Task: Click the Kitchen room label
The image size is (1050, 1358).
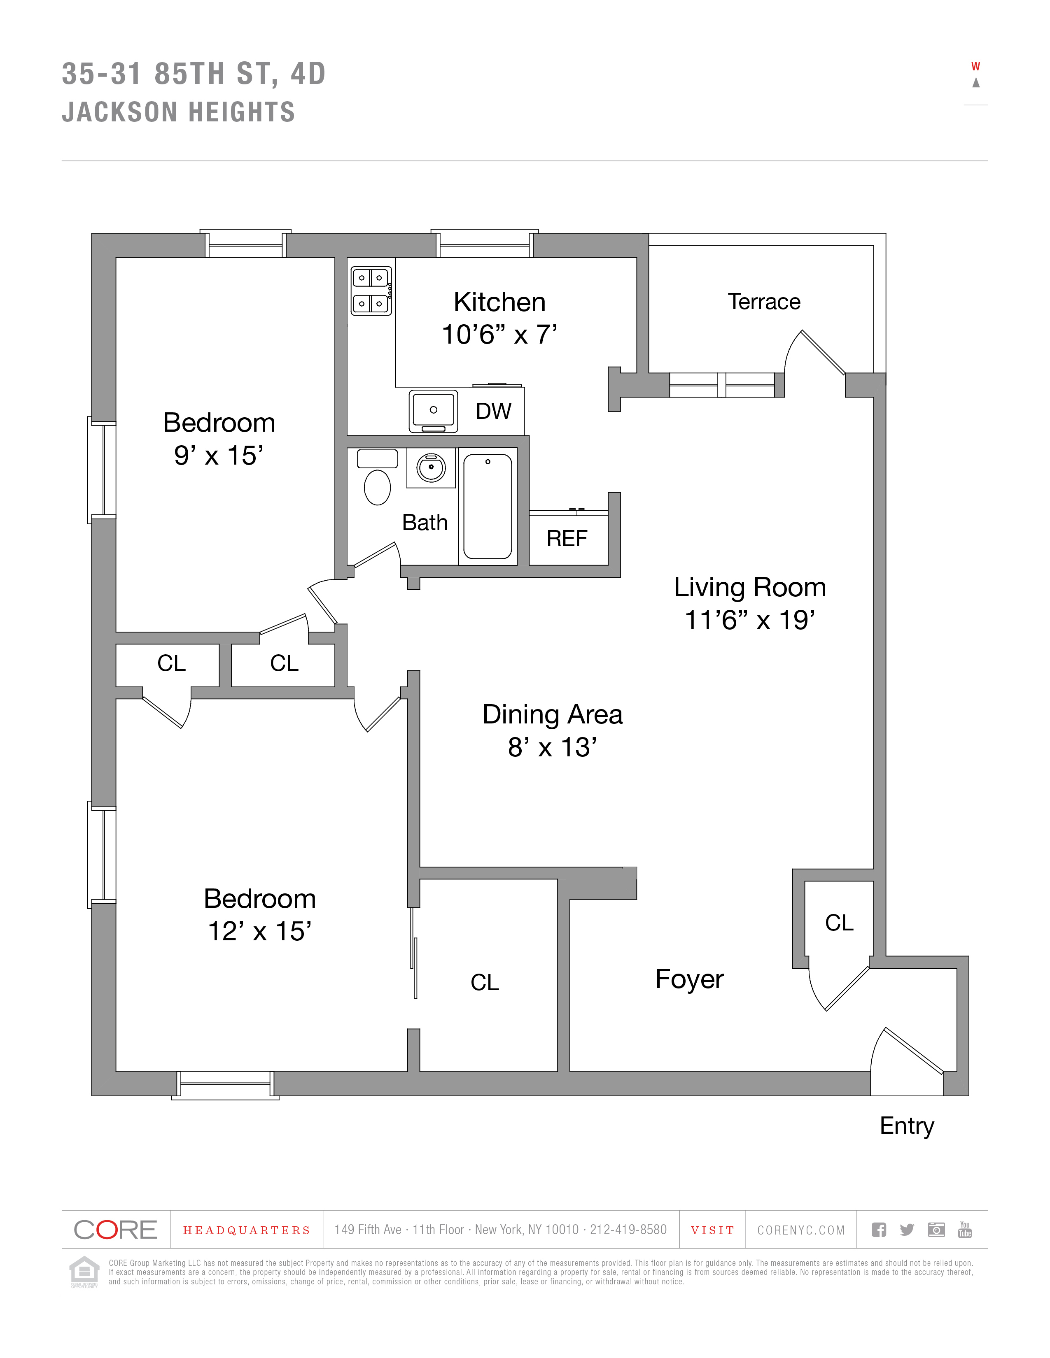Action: point(499,302)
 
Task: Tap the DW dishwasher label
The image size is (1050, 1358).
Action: point(493,411)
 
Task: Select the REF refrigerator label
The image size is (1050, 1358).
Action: point(567,539)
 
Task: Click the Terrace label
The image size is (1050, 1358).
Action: point(764,302)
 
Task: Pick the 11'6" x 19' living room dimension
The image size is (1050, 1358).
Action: point(749,620)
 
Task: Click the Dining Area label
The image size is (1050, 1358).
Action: point(552,714)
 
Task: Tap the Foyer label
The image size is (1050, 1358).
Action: point(689,979)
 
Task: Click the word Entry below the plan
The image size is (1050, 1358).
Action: point(906,1125)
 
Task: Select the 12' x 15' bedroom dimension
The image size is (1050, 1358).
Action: point(259,931)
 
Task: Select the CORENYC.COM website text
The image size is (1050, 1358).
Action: point(800,1230)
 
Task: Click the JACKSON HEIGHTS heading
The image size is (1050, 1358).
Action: point(179,112)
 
